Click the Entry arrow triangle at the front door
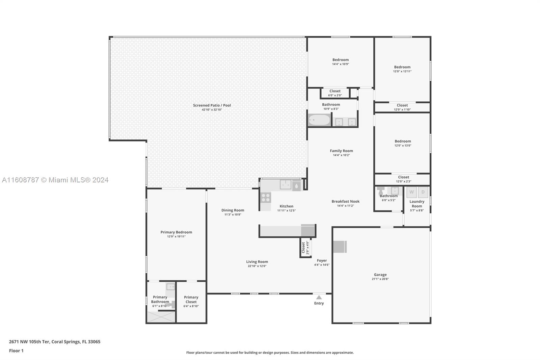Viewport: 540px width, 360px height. point(319,297)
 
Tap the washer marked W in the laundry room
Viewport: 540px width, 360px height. point(411,192)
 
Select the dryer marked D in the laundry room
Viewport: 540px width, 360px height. point(423,192)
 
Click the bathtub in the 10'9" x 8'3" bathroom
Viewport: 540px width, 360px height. point(319,120)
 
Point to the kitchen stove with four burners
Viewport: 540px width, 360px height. point(266,198)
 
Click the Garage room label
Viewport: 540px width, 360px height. point(380,275)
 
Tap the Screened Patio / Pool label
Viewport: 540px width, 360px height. point(212,105)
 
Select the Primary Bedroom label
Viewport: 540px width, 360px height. point(176,232)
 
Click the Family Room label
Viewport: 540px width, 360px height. point(341,151)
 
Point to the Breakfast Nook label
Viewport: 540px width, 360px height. point(346,201)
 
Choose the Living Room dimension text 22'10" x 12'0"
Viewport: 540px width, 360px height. point(257,266)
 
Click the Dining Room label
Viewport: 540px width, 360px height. point(233,210)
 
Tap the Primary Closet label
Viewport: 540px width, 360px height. point(191,300)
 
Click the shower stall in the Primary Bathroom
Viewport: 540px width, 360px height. point(161,317)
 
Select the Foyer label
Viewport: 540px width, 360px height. point(322,260)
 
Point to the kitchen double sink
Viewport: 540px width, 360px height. point(286,185)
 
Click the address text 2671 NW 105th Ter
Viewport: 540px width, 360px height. point(29,342)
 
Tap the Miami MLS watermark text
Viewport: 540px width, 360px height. point(55,180)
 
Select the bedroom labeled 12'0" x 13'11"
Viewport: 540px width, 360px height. point(402,69)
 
